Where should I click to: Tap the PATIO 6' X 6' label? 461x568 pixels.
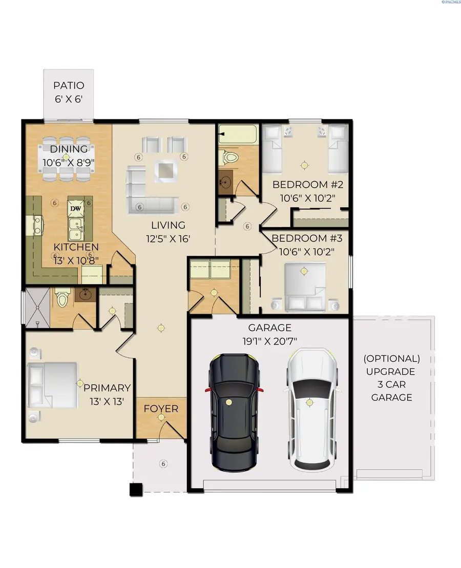point(69,92)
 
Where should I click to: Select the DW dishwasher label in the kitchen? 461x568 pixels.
point(76,208)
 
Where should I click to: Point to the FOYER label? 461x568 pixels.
point(161,409)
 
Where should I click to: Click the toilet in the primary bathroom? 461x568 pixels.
point(63,298)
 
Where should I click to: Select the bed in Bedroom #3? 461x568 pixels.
point(305,287)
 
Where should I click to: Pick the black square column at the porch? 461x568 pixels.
point(136,490)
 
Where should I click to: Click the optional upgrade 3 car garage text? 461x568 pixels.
point(392,377)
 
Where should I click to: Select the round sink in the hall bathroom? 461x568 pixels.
point(226,183)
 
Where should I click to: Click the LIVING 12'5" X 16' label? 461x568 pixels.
point(167,232)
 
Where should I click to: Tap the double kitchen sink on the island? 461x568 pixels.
point(76,230)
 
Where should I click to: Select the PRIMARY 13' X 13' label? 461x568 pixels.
point(107,394)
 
